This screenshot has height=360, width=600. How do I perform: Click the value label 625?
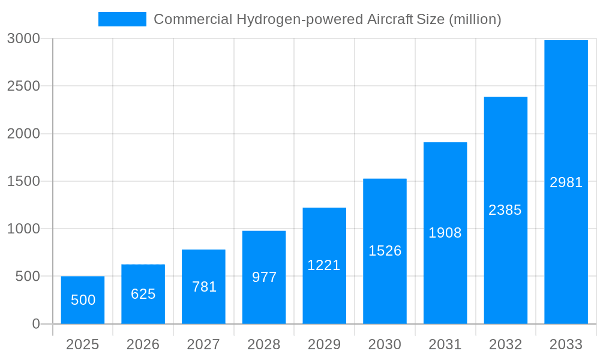pos(143,294)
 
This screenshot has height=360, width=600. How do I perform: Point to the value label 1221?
pos(324,265)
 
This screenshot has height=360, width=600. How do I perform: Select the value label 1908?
pos(445,233)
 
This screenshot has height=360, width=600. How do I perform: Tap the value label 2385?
pos(505,210)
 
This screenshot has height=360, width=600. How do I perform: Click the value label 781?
pos(204,287)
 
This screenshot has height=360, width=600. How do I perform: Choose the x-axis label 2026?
pos(143,344)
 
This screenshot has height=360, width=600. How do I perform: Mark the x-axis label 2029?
pos(324,344)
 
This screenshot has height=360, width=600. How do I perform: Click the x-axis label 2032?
pos(505,344)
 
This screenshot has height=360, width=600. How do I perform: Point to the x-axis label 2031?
pos(445,344)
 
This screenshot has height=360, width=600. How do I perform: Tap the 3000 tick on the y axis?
pos(23,39)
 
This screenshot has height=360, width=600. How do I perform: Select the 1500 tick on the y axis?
pos(23,181)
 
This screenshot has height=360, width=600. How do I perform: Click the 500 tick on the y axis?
pos(28,277)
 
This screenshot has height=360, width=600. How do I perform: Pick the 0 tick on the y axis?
pos(35,324)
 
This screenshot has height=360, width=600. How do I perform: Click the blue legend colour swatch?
pos(122,19)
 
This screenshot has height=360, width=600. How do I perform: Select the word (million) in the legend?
pos(475,19)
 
